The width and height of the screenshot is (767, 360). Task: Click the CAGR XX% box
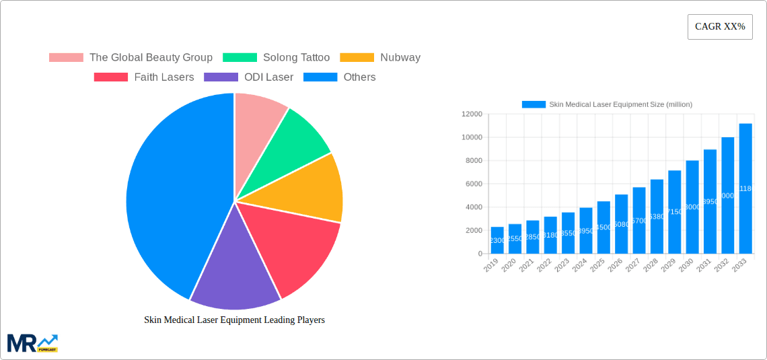pos(720,27)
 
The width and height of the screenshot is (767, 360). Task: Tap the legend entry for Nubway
pos(380,58)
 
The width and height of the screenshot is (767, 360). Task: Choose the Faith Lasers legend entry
pos(144,77)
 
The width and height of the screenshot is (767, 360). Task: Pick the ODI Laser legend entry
pos(249,77)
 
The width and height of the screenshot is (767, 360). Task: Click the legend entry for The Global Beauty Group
pos(131,58)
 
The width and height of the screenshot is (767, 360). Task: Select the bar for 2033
pos(745,188)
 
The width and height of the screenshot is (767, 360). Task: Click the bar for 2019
pos(497,240)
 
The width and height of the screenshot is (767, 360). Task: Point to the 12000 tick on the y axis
pos(472,114)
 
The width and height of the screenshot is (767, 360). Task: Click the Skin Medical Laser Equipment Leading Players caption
pos(234,320)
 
